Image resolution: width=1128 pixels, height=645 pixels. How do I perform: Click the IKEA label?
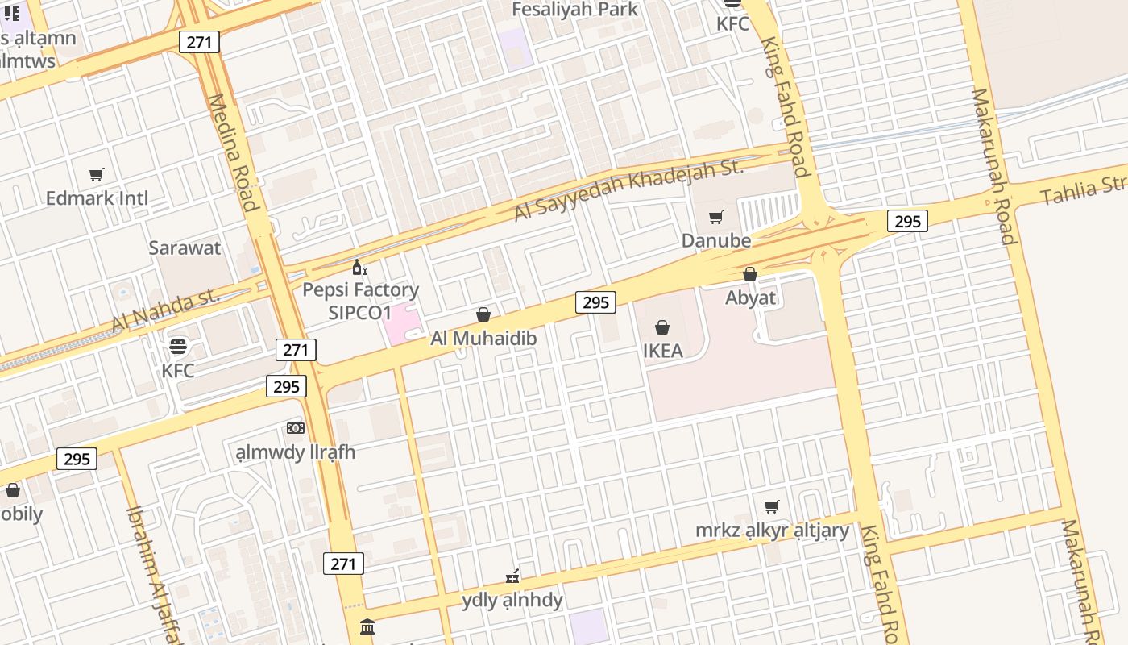(662, 351)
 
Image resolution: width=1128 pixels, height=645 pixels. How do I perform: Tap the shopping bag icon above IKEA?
(662, 327)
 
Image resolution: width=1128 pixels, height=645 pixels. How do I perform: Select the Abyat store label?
(750, 298)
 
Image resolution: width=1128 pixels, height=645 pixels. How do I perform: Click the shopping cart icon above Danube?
(715, 217)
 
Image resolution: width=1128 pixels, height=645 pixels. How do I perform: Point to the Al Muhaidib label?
(483, 339)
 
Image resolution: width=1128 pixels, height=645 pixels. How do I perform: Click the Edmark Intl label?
(97, 198)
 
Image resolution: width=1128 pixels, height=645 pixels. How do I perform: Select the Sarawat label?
(184, 248)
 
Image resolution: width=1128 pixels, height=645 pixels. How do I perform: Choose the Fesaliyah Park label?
(575, 10)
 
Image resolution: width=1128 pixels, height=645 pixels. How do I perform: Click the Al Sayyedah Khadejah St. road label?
(628, 190)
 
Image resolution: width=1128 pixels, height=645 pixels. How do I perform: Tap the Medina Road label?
(233, 153)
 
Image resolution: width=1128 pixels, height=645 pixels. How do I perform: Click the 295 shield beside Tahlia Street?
(907, 221)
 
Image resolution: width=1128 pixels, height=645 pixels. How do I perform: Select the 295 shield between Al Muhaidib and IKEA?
(595, 302)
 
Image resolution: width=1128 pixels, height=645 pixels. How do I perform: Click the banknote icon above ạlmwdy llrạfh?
(295, 427)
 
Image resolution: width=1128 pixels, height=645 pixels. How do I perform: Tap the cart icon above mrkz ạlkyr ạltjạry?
(771, 506)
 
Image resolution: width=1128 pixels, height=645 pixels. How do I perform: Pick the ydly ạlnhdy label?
(512, 601)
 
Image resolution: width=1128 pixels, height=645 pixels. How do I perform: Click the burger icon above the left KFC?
(177, 347)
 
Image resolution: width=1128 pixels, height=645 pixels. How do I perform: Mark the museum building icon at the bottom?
(367, 626)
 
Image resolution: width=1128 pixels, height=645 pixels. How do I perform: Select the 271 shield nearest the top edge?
(199, 42)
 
